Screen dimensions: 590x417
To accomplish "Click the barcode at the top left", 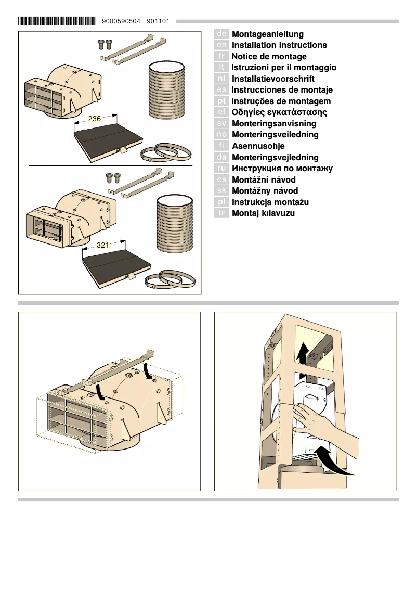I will tap(57, 21).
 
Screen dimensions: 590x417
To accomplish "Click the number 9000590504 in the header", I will tap(122, 21).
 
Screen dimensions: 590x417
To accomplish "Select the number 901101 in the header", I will tap(158, 21).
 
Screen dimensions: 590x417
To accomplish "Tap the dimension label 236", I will tap(95, 119).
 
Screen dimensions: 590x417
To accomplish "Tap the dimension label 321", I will tap(103, 245).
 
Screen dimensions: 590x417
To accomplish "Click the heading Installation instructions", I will tap(279, 45).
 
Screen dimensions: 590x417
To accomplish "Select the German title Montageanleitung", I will tap(267, 34).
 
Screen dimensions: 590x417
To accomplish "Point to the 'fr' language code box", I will tap(221, 56).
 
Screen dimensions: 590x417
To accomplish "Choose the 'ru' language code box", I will tap(221, 168).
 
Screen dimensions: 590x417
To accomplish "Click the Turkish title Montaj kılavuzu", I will tap(263, 213).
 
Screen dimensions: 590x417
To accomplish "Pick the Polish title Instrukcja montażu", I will tap(270, 202).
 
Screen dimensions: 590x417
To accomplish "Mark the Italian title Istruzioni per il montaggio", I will tap(284, 68).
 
